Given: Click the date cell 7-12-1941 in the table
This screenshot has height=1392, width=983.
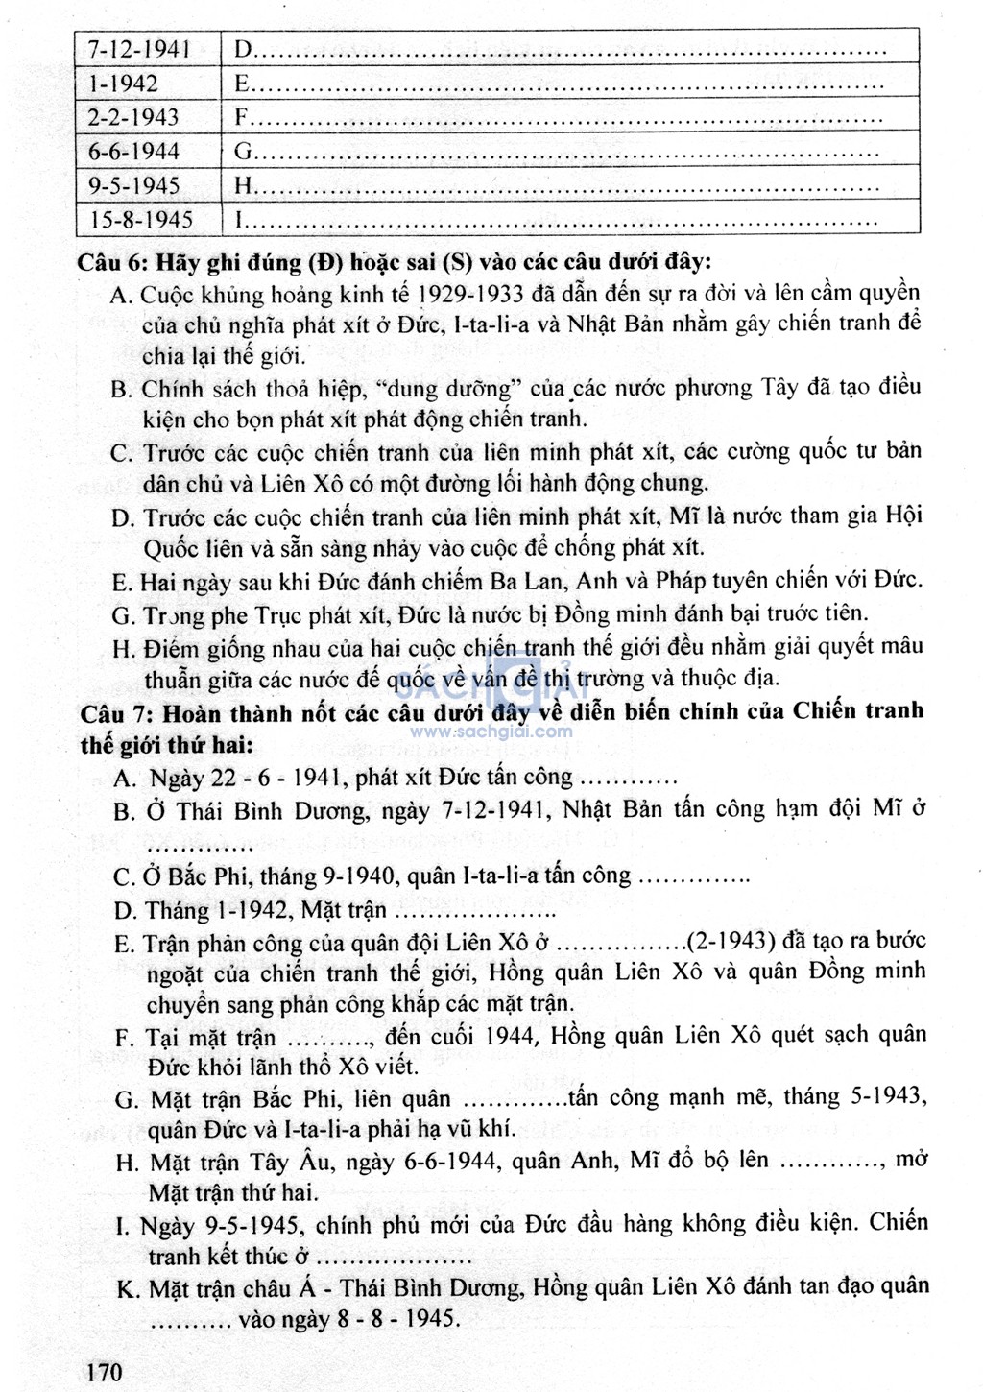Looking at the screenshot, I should click(139, 48).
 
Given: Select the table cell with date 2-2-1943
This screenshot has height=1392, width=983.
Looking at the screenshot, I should click(133, 117).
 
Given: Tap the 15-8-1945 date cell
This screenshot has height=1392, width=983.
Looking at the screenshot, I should click(141, 220).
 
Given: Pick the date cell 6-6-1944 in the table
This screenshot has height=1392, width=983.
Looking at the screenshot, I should click(133, 152).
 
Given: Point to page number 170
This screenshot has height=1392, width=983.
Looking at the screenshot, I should click(105, 1372).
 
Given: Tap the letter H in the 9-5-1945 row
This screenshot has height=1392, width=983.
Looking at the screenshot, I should click(242, 186).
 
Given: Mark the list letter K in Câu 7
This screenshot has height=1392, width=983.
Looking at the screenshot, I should click(127, 1288).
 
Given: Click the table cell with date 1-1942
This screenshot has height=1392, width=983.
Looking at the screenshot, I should click(123, 84).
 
